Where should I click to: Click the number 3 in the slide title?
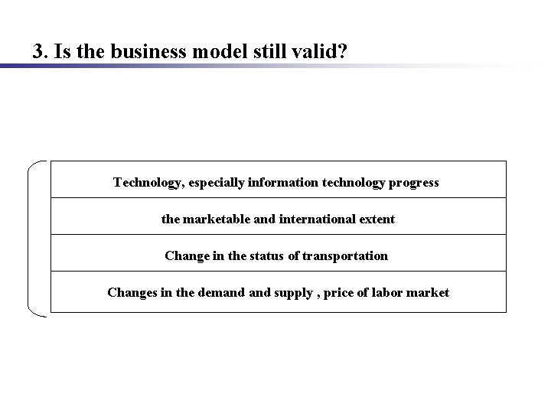[37, 52]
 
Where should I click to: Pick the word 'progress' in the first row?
[413, 183]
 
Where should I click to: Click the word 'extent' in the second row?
[375, 220]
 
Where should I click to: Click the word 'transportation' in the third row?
[345, 256]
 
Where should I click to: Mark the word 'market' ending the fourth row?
[429, 293]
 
